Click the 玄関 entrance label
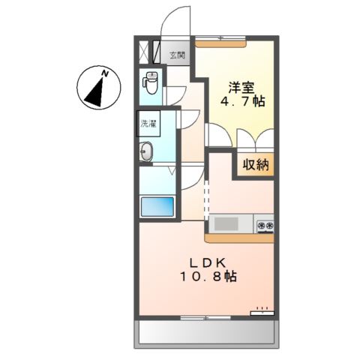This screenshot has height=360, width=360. click(177, 55)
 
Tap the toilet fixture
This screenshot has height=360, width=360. click(150, 82)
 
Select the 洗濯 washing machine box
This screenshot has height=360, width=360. click(148, 124)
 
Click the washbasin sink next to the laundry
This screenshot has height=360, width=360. click(146, 151)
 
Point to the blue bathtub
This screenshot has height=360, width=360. click(157, 207)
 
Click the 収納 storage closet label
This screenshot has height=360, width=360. click(256, 165)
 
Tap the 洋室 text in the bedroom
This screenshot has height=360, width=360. click(241, 88)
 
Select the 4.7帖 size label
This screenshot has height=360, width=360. click(242, 101)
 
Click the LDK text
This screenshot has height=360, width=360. click(208, 262)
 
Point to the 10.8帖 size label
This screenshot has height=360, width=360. click(208, 277)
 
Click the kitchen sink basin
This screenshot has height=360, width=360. click(226, 223)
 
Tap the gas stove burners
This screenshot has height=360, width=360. click(265, 226)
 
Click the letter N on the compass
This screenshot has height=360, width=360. click(105, 73)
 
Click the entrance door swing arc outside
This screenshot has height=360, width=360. click(175, 20)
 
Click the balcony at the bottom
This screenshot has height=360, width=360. click(206, 333)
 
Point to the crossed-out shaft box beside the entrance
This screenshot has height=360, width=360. click(144, 52)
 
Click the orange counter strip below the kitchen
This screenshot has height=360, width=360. click(239, 238)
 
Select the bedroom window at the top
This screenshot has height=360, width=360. click(220, 38)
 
